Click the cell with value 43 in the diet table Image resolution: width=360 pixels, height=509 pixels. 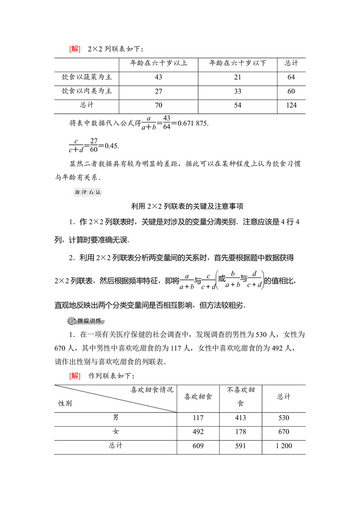(158, 77)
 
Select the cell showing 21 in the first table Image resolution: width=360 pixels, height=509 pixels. (238, 77)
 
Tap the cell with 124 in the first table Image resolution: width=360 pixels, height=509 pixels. (291, 105)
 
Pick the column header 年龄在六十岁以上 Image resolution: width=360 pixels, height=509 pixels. (158, 63)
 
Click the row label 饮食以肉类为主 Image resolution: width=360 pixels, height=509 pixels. (87, 91)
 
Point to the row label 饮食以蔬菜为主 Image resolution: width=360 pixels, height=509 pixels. (87, 77)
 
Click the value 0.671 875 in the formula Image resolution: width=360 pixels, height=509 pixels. (193, 123)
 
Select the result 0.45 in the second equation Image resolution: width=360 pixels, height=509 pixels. (112, 146)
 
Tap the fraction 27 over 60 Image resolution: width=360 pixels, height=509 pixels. (94, 145)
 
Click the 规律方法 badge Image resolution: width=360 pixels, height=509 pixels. (88, 192)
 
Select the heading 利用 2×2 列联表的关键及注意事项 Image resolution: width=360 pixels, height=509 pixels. (187, 206)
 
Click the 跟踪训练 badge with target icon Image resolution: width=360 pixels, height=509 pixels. (86, 321)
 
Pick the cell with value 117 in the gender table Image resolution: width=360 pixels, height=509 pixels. (198, 418)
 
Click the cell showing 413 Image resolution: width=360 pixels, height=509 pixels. (240, 418)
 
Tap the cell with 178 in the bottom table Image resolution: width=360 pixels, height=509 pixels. (240, 432)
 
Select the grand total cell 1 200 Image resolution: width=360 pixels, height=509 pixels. (284, 446)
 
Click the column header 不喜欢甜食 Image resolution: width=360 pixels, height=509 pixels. (240, 396)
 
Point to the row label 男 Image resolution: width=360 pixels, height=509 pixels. (116, 418)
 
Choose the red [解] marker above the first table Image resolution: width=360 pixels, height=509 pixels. (75, 49)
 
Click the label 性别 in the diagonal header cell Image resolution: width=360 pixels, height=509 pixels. (65, 403)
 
